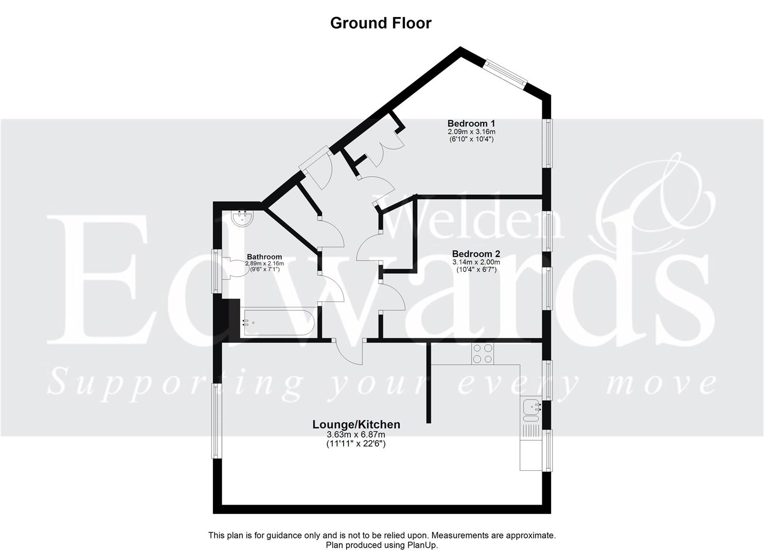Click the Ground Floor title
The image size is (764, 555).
click(381, 23)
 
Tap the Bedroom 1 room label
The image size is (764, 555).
click(471, 123)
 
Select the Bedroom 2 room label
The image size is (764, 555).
click(476, 254)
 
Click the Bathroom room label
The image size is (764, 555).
click(264, 257)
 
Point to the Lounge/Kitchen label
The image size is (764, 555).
click(356, 424)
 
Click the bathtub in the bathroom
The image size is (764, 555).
click(278, 323)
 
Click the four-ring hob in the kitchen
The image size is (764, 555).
click(483, 354)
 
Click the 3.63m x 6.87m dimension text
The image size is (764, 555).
click(356, 435)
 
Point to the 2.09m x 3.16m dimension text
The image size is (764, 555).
click(471, 132)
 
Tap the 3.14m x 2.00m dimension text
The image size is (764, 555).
click(476, 262)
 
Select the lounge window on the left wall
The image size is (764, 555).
click(218, 420)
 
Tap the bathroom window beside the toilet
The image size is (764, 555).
click(218, 271)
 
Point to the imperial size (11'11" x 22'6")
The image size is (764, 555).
click(356, 443)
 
